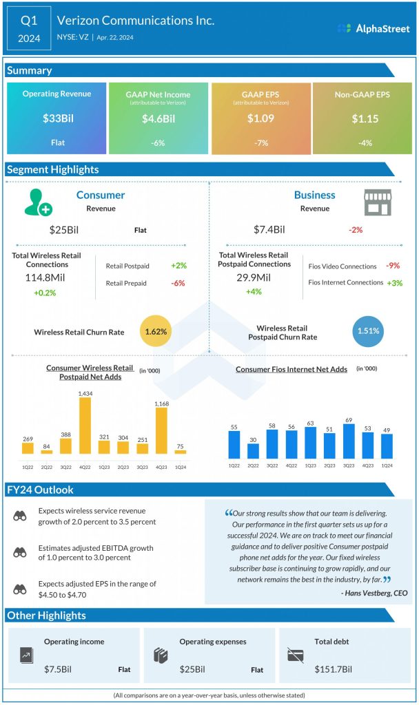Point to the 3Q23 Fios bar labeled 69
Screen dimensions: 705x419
tap(349, 441)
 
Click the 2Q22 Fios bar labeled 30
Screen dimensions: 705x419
tap(254, 451)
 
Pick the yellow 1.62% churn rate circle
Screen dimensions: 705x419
tap(156, 331)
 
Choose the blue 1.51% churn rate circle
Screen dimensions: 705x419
tap(368, 331)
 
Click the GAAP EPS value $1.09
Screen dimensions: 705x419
tap(260, 118)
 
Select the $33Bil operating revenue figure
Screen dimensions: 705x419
tap(58, 118)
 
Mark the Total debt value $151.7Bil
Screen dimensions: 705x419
tap(334, 669)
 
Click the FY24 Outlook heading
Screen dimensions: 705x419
tap(40, 490)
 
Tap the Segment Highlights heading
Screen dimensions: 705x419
tap(52, 169)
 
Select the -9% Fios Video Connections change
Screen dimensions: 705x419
tap(393, 266)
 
